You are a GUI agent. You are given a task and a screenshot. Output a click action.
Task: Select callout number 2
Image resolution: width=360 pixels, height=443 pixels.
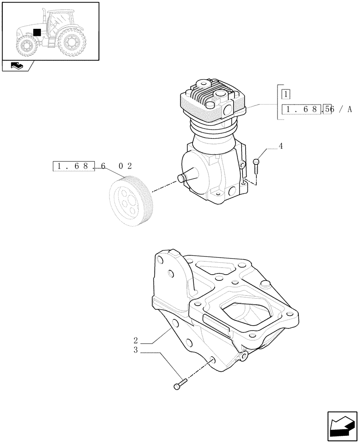136,342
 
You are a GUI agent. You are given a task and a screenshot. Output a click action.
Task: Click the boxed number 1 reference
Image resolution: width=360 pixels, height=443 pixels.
286,94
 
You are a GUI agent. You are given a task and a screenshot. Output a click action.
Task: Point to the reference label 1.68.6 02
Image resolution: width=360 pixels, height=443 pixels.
92,167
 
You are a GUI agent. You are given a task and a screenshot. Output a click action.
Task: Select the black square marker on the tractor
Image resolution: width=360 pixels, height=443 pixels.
37,32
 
